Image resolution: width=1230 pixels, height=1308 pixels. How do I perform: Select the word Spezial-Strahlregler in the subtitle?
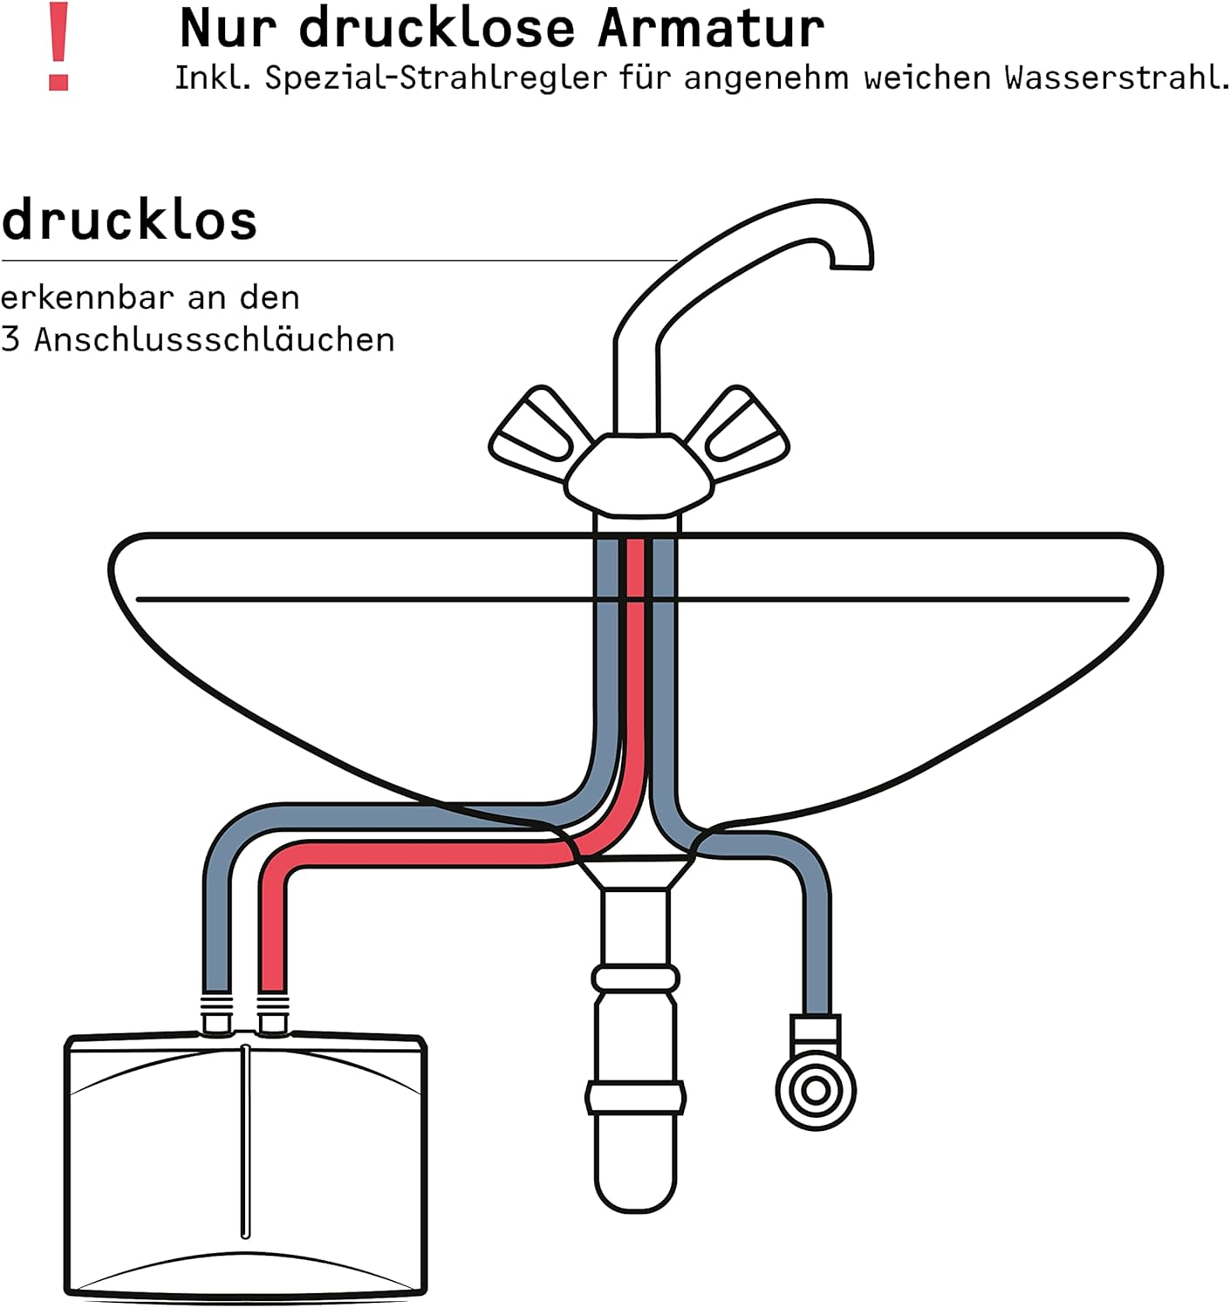click(435, 78)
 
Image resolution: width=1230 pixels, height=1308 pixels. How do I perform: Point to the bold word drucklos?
click(129, 221)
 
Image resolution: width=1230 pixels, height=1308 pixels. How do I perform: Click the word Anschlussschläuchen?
click(214, 340)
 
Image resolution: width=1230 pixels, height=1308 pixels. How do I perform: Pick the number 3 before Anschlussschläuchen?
click(10, 340)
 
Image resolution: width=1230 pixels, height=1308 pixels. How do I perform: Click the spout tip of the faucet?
click(851, 262)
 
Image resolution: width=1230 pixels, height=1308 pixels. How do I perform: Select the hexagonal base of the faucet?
click(638, 475)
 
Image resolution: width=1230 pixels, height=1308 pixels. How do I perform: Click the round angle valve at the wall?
click(816, 1090)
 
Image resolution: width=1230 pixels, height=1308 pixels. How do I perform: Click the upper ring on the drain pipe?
click(636, 978)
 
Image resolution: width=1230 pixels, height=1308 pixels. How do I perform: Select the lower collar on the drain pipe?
click(636, 1098)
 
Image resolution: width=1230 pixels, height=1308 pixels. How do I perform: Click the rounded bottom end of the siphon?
click(636, 1190)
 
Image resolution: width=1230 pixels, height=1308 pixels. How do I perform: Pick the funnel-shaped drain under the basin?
click(636, 872)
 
